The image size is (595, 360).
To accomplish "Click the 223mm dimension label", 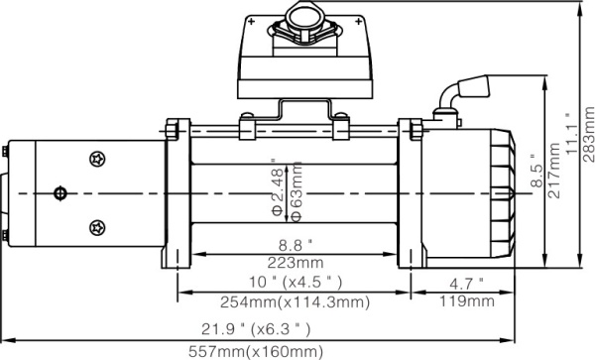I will [294, 263].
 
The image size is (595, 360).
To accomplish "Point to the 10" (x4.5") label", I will [294, 280].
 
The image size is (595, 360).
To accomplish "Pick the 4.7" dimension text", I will [467, 281].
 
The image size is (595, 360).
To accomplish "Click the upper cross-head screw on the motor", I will [96, 158].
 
